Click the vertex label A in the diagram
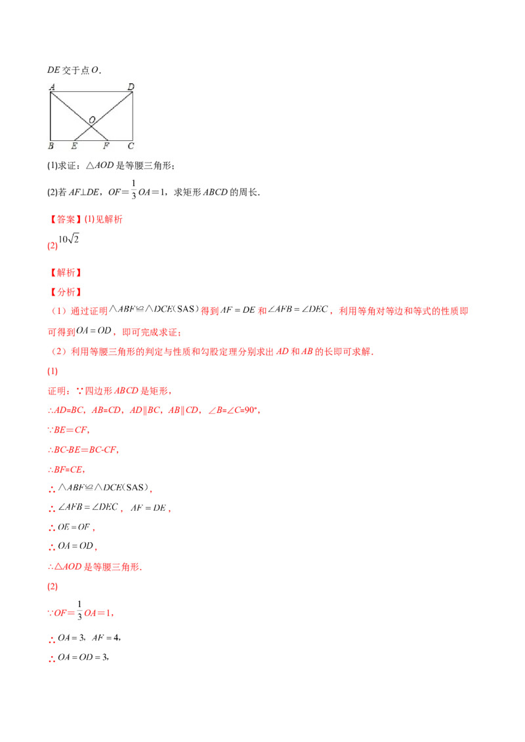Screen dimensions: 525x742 click(52, 86)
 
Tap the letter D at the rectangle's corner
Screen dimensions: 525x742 click(131, 86)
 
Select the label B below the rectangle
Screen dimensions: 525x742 click(51, 146)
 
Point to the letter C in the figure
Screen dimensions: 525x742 click(131, 146)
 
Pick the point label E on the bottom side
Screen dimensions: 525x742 click(73, 146)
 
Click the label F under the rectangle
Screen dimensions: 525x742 click(106, 146)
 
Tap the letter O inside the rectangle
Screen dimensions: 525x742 click(92, 119)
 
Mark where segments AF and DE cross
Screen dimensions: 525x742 click(91, 125)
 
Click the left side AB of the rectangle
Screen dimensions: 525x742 click(51, 115)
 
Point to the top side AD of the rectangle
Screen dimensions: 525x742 click(92, 91)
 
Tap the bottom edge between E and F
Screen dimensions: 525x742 click(91, 139)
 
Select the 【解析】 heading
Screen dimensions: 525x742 click(66, 272)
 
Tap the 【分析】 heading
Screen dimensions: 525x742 click(66, 291)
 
